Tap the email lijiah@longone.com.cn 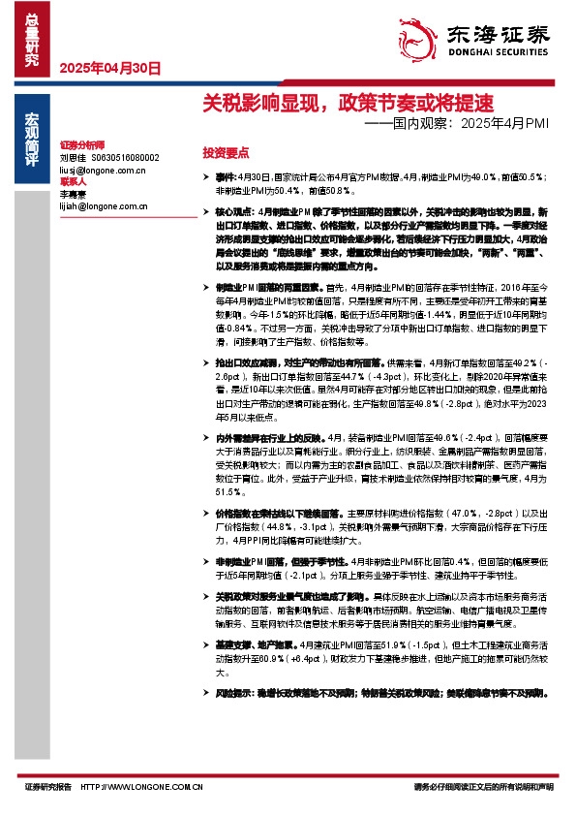point(104,206)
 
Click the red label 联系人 point(73,181)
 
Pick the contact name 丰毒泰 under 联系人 point(74,194)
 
